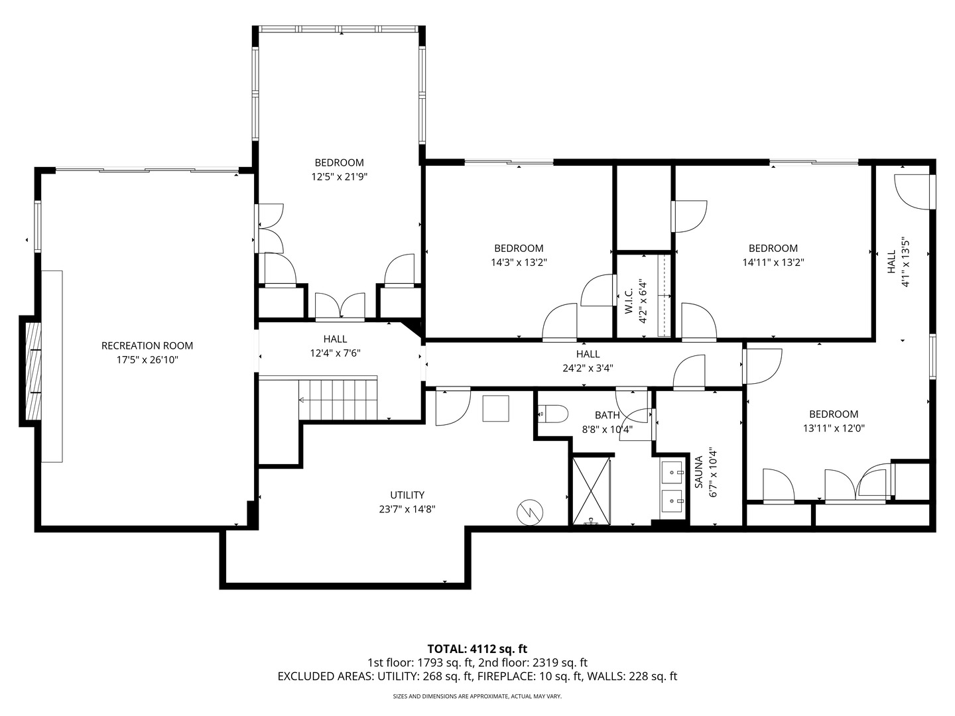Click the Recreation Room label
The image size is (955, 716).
pos(147,345)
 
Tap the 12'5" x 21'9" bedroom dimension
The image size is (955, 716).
pos(339,177)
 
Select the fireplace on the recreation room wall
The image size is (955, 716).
pos(31,371)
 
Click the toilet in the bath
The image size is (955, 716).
pos(553,414)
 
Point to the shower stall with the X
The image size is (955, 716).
pos(591,491)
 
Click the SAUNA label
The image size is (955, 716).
pos(698,472)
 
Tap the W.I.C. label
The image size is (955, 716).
pos(629,302)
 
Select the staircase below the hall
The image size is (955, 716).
pos(338,400)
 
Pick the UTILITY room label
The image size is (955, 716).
pos(407,495)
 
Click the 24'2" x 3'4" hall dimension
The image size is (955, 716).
pos(588,369)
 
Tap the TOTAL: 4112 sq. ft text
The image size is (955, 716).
pos(477,648)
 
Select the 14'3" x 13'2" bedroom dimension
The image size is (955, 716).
pos(519,262)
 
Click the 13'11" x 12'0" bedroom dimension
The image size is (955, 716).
pos(834,428)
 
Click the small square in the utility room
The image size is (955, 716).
pos(495,408)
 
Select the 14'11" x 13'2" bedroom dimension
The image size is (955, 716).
pos(773,262)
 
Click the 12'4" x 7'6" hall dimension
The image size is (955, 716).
pos(335,353)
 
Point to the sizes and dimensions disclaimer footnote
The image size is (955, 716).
pos(477,697)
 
